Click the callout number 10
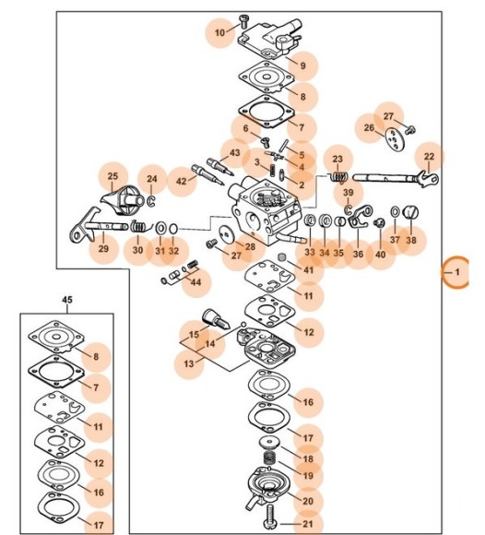click(x=220, y=33)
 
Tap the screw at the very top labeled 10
click(x=244, y=22)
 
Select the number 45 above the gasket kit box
click(x=67, y=300)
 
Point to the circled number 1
click(x=457, y=272)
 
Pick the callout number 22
click(x=429, y=157)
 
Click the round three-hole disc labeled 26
click(x=395, y=138)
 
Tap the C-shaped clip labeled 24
click(x=151, y=200)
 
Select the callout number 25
click(x=112, y=176)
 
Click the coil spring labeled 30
click(x=139, y=227)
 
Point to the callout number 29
click(x=103, y=248)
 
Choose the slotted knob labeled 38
click(x=411, y=212)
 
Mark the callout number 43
click(x=234, y=152)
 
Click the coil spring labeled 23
click(x=338, y=177)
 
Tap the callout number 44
click(x=195, y=282)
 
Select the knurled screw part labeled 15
click(x=216, y=319)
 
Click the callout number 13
click(x=189, y=363)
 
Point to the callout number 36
click(x=358, y=254)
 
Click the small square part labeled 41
click(x=282, y=257)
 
